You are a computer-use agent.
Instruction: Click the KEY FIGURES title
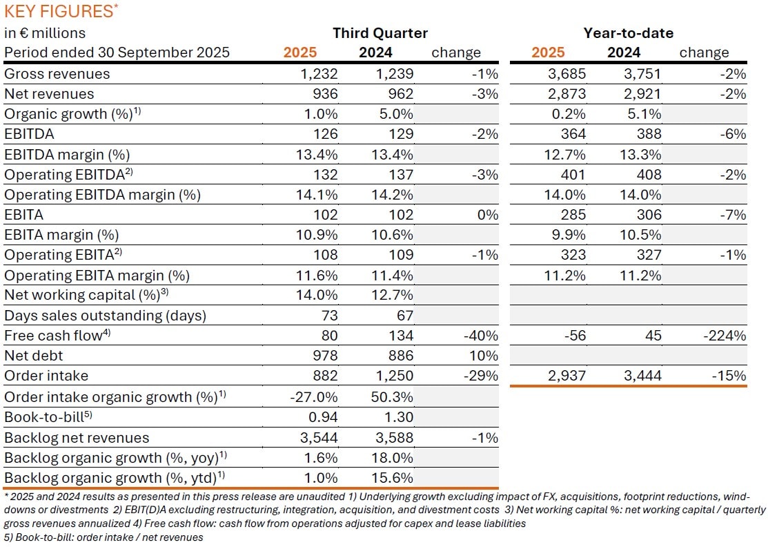coord(59,11)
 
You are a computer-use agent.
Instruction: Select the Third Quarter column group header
coord(380,33)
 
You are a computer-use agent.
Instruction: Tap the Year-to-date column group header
coord(628,33)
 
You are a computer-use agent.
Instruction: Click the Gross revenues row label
coord(57,74)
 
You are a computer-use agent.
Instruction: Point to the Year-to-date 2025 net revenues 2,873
coord(566,94)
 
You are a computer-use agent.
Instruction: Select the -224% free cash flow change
coord(725,336)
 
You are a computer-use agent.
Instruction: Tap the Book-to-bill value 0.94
coord(322,417)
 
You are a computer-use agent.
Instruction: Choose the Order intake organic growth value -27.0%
coord(315,397)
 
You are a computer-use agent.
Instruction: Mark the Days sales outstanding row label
coord(106,316)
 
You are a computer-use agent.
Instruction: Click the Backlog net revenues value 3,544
coord(319,437)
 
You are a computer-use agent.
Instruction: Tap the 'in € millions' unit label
coord(45,33)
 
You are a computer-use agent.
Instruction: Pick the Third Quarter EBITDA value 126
coord(324,134)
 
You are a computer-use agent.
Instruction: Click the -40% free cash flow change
coord(480,336)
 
